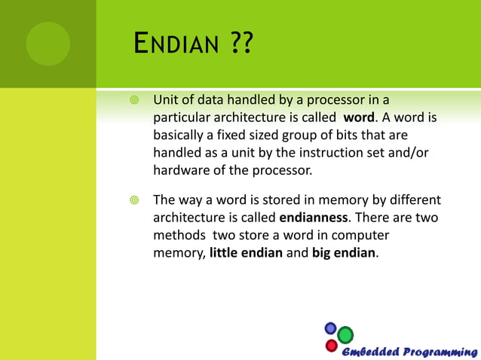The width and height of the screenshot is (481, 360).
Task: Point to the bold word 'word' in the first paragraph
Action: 359,118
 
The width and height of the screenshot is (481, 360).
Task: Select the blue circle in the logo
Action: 330,328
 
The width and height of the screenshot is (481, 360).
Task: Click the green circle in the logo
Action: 345,334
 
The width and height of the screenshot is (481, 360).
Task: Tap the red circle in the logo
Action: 331,346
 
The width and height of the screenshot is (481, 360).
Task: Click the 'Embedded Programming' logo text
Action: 407,352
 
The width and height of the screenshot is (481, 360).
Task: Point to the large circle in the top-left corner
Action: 47,43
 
